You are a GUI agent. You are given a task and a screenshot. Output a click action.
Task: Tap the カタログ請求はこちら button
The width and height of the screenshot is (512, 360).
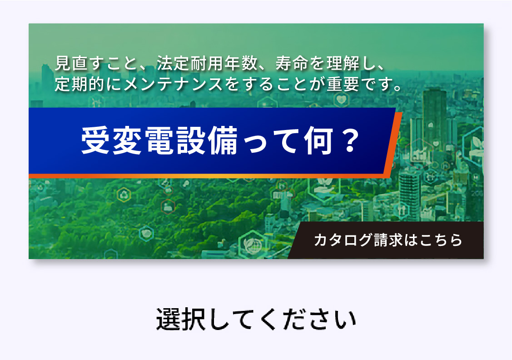pyautogui.click(x=388, y=240)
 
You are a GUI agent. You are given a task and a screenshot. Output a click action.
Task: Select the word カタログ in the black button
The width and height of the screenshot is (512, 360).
pyautogui.click(x=337, y=240)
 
